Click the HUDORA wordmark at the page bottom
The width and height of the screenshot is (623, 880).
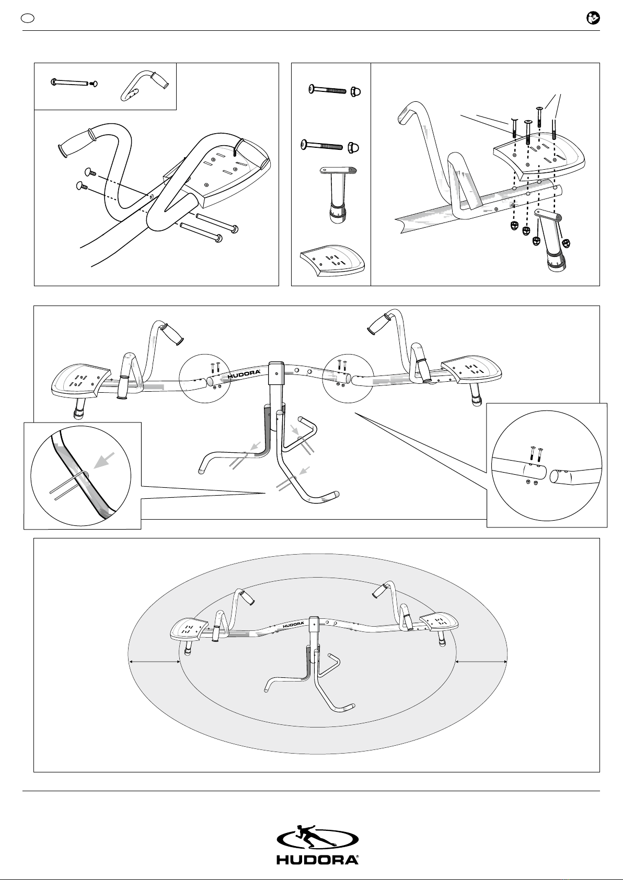[x=318, y=860]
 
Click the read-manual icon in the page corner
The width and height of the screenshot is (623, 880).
[x=593, y=18]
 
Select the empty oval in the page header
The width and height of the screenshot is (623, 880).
[x=28, y=18]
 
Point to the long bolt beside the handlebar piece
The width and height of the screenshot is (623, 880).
[x=70, y=83]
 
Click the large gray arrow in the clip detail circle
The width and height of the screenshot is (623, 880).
[x=104, y=461]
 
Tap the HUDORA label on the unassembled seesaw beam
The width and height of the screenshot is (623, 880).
[x=244, y=375]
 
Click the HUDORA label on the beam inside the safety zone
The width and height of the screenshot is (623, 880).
[x=293, y=624]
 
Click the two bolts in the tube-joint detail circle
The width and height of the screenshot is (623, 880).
[x=536, y=455]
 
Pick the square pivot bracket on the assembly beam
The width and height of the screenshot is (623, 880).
[x=276, y=373]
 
